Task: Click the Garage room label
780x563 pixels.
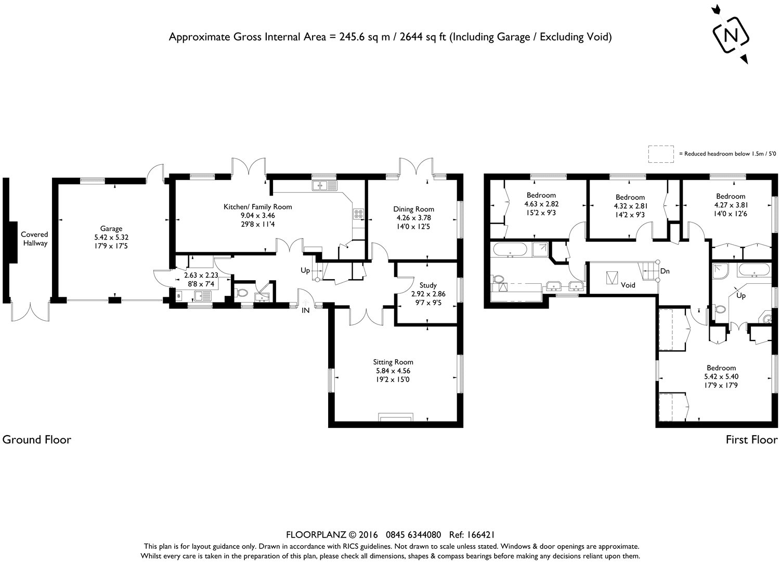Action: (x=111, y=229)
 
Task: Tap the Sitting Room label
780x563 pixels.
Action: (x=393, y=362)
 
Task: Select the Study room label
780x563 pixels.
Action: (x=428, y=285)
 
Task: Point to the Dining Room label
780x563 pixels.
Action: (x=414, y=210)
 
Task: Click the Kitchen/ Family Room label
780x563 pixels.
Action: (x=258, y=207)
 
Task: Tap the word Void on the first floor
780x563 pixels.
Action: (x=628, y=285)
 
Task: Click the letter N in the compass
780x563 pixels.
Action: (x=731, y=35)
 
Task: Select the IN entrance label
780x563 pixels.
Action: (x=305, y=310)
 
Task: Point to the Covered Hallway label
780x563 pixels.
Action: (x=34, y=239)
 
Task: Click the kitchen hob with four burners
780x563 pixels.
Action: (x=358, y=214)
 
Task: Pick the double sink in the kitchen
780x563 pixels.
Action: (x=324, y=186)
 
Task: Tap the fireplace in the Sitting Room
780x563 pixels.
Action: (x=396, y=417)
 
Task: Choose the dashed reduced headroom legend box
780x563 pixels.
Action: (x=661, y=154)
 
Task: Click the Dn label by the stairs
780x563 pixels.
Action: (x=665, y=271)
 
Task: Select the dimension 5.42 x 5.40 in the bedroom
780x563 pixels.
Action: (x=721, y=376)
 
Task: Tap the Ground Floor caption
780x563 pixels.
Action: (x=37, y=440)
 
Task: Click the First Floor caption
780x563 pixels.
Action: (x=751, y=440)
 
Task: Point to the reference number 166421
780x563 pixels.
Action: (x=480, y=534)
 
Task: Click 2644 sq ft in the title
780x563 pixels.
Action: (x=423, y=37)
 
